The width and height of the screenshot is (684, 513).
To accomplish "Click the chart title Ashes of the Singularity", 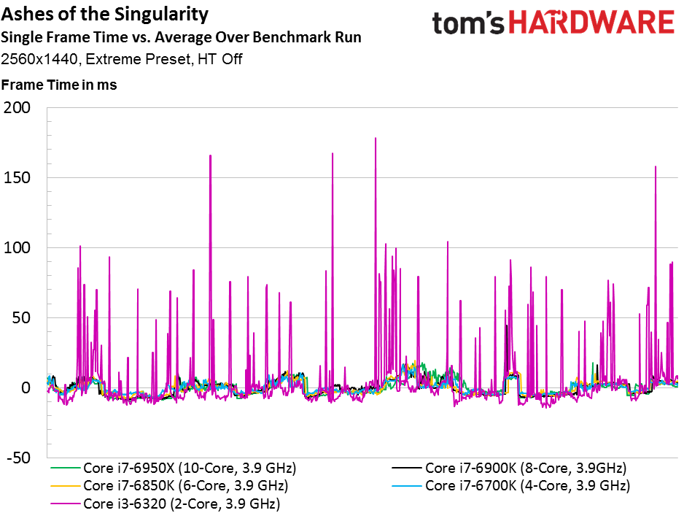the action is click(x=105, y=15).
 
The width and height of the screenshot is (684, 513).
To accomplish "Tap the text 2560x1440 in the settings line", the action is click(x=39, y=59).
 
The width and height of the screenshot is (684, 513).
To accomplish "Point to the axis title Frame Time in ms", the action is click(x=59, y=85).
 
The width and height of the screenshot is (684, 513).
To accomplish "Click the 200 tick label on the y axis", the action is click(x=17, y=107).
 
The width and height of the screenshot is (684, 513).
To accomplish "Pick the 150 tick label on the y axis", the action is click(x=17, y=178).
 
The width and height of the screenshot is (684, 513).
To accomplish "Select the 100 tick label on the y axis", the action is click(x=17, y=247).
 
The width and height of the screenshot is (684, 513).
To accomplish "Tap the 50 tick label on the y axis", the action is click(x=21, y=318).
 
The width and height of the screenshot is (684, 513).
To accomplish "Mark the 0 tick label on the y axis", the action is click(x=26, y=387).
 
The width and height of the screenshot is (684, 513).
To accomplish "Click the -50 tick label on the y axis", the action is click(x=19, y=458).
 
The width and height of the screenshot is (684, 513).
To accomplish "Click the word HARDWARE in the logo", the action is click(x=591, y=23).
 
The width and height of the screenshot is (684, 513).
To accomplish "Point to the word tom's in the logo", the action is click(x=468, y=23).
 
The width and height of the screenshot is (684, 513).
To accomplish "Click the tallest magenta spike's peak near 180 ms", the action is click(x=376, y=139).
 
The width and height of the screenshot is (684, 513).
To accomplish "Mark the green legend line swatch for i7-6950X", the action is click(x=66, y=468).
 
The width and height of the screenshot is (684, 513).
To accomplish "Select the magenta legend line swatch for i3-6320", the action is click(x=66, y=504).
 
